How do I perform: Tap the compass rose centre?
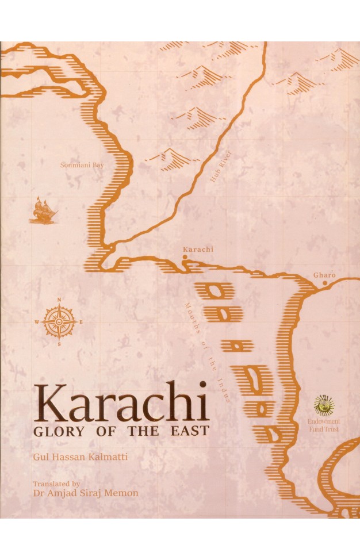point(60,321)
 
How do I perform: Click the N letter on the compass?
point(60,300)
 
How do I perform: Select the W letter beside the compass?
point(38,322)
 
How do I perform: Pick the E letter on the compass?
point(81,322)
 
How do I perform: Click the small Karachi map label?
point(198,250)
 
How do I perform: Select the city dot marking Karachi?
point(185,258)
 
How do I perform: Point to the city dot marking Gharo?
point(325,283)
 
